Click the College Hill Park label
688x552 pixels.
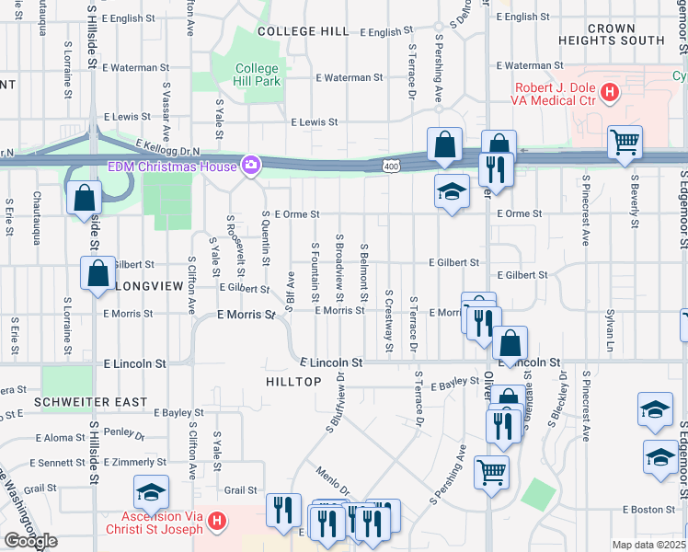(x=257, y=75)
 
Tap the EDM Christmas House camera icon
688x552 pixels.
(x=249, y=166)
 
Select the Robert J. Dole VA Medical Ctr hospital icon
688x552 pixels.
(x=609, y=92)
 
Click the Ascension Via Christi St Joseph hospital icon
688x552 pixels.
(x=217, y=522)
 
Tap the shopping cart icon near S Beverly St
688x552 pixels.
(x=625, y=142)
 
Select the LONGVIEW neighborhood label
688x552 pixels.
(x=150, y=286)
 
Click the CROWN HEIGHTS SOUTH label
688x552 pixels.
(x=612, y=35)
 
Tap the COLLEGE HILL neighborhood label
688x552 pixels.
(x=303, y=31)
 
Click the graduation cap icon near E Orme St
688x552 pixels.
(x=451, y=191)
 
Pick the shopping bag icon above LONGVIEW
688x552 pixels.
(x=97, y=273)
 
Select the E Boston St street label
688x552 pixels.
(x=648, y=509)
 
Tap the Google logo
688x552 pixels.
(x=30, y=541)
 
